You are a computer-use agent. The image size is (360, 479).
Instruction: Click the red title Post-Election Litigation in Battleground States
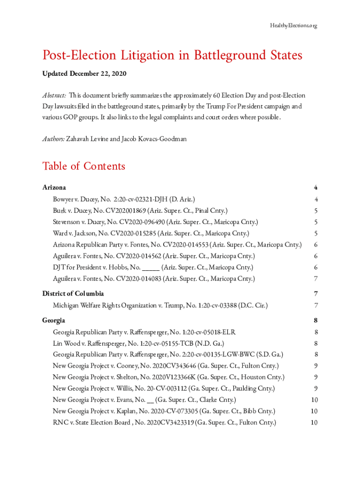(172, 56)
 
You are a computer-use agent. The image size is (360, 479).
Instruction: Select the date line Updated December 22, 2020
(84, 74)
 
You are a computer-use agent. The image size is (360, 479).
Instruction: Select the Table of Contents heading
(84, 166)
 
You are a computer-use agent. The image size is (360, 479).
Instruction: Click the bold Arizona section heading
(54, 188)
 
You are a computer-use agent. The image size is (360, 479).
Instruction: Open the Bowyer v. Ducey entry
(124, 199)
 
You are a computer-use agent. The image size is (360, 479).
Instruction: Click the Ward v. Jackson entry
(151, 233)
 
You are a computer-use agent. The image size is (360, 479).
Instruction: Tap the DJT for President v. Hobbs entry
(153, 268)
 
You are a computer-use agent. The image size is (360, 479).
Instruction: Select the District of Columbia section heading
(73, 294)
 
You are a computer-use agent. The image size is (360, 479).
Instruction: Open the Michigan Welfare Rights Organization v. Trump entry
(160, 305)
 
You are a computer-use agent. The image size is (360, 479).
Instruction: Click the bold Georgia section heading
(53, 320)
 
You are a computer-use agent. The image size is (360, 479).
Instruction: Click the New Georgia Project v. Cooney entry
(166, 366)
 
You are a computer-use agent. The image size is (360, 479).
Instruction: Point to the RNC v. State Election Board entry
(164, 423)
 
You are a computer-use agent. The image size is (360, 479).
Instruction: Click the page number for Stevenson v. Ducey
(316, 222)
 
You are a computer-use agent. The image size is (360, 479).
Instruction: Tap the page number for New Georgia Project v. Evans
(314, 400)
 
